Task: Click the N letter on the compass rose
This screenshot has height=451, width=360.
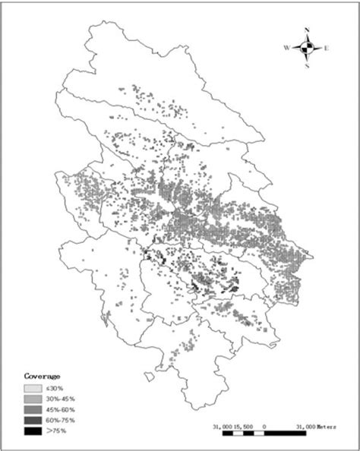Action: (307, 30)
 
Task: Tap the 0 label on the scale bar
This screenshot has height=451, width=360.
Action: (264, 427)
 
